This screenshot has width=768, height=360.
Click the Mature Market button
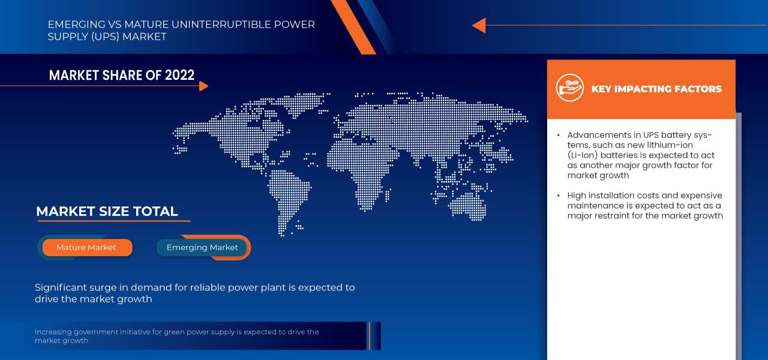[x=86, y=247]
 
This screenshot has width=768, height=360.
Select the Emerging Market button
[x=202, y=247]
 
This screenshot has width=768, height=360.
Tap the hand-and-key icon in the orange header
[x=569, y=88]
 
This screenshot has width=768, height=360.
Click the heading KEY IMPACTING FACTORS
[x=656, y=89]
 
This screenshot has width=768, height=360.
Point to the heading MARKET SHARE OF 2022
[x=122, y=75]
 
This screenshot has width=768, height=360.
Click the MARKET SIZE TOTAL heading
[x=107, y=211]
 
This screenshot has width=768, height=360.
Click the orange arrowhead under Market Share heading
[x=203, y=86]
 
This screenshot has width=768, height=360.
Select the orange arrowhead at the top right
[x=479, y=25]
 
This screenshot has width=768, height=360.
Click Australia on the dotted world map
[x=467, y=205]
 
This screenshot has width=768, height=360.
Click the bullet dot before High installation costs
[x=559, y=196]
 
